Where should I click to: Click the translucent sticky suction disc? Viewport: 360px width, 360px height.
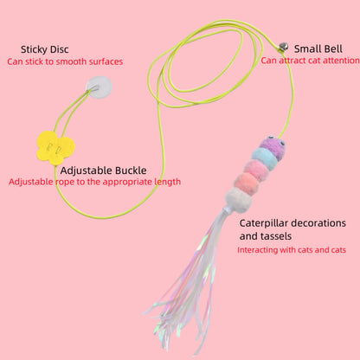[100, 87]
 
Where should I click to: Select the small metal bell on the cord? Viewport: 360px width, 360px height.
[283, 47]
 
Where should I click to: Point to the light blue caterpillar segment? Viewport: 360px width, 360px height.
[264, 157]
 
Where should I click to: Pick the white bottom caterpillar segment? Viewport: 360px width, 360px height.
[239, 199]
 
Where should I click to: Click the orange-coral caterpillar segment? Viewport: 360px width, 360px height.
[247, 183]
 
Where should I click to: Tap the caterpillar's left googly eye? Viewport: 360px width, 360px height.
[270, 138]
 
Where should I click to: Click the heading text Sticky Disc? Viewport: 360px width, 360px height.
[45, 49]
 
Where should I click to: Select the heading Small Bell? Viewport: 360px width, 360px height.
[318, 48]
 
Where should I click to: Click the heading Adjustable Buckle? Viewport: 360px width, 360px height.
[104, 170]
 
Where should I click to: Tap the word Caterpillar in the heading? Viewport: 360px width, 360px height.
[264, 223]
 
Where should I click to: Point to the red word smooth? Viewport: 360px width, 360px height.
[71, 61]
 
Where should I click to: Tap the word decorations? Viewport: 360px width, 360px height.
[318, 223]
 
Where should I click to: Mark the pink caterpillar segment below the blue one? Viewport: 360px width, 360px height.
[256, 170]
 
